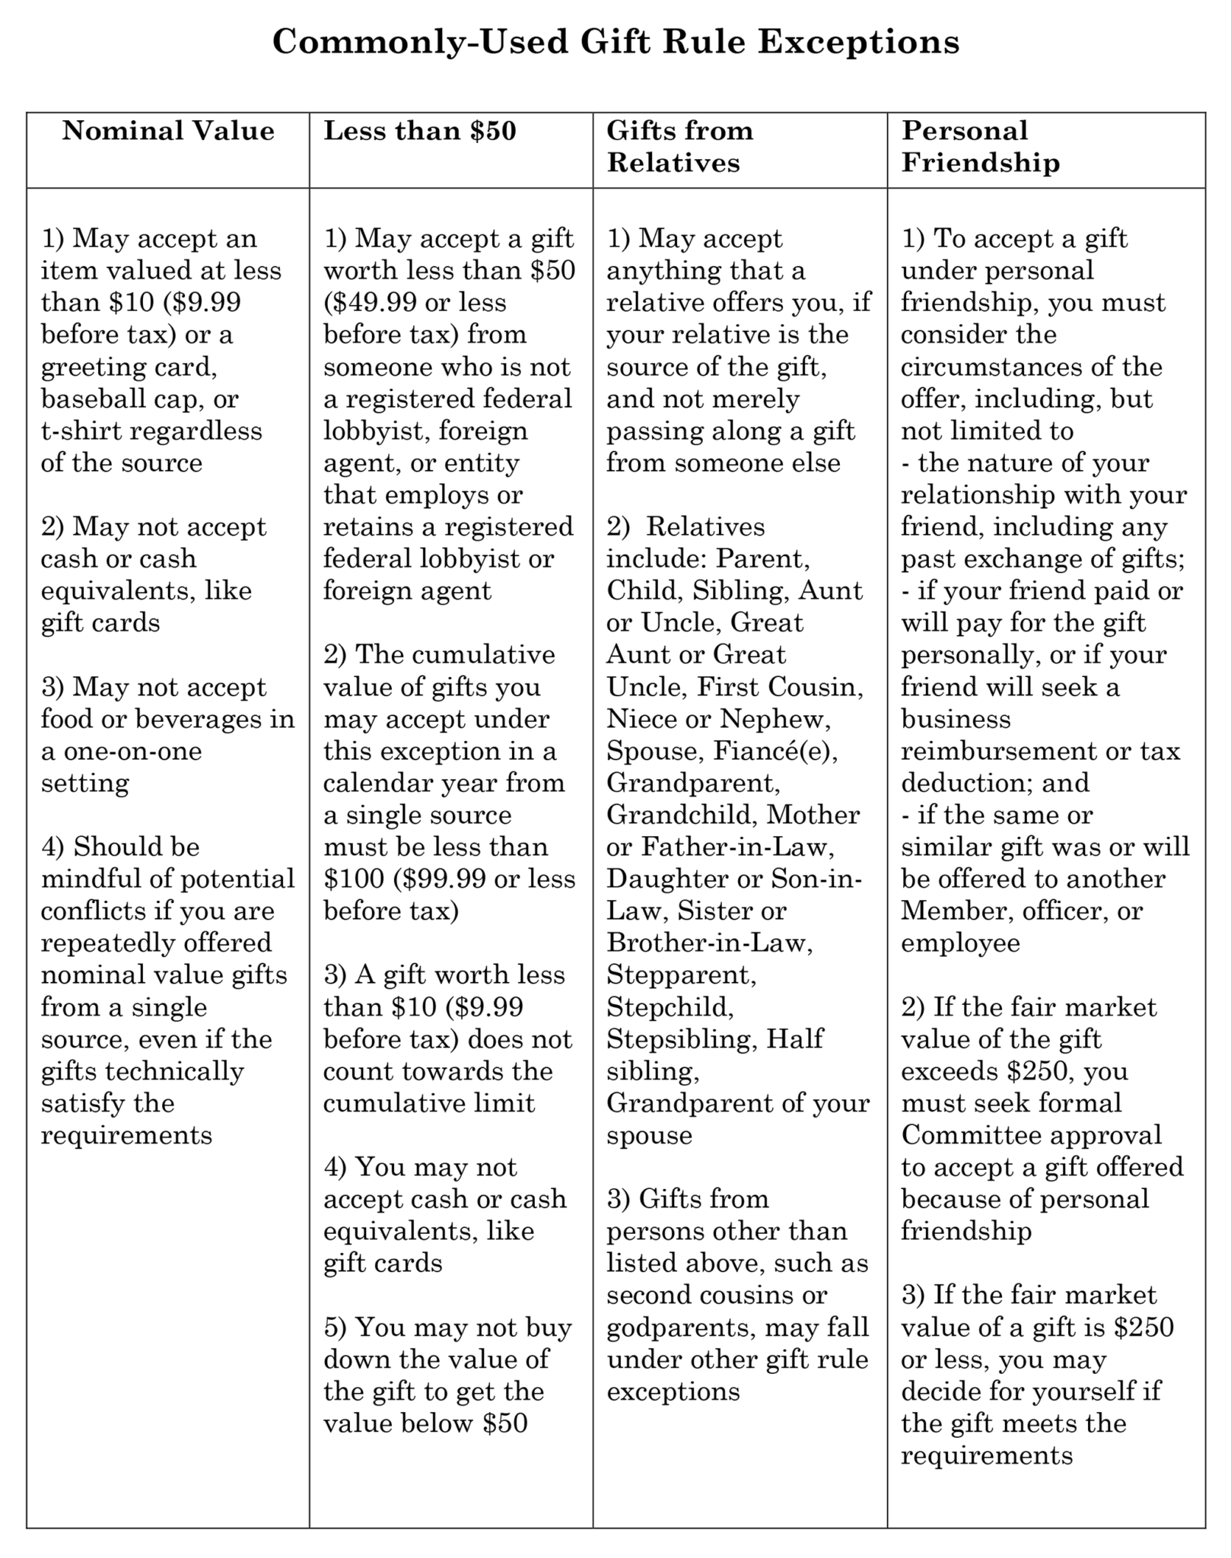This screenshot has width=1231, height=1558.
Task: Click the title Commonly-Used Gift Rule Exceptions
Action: (615, 42)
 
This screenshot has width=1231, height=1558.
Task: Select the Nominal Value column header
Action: (168, 131)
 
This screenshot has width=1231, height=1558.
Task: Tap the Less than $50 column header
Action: (420, 131)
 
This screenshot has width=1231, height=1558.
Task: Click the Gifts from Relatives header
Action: (679, 146)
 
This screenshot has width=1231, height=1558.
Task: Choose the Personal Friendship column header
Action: (980, 146)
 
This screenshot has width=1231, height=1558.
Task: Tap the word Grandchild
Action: (681, 816)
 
